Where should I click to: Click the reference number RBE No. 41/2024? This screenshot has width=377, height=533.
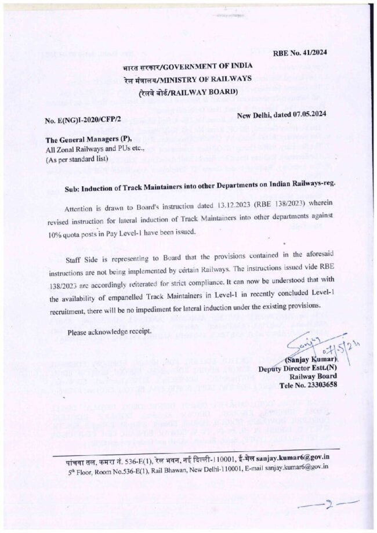point(300,52)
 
